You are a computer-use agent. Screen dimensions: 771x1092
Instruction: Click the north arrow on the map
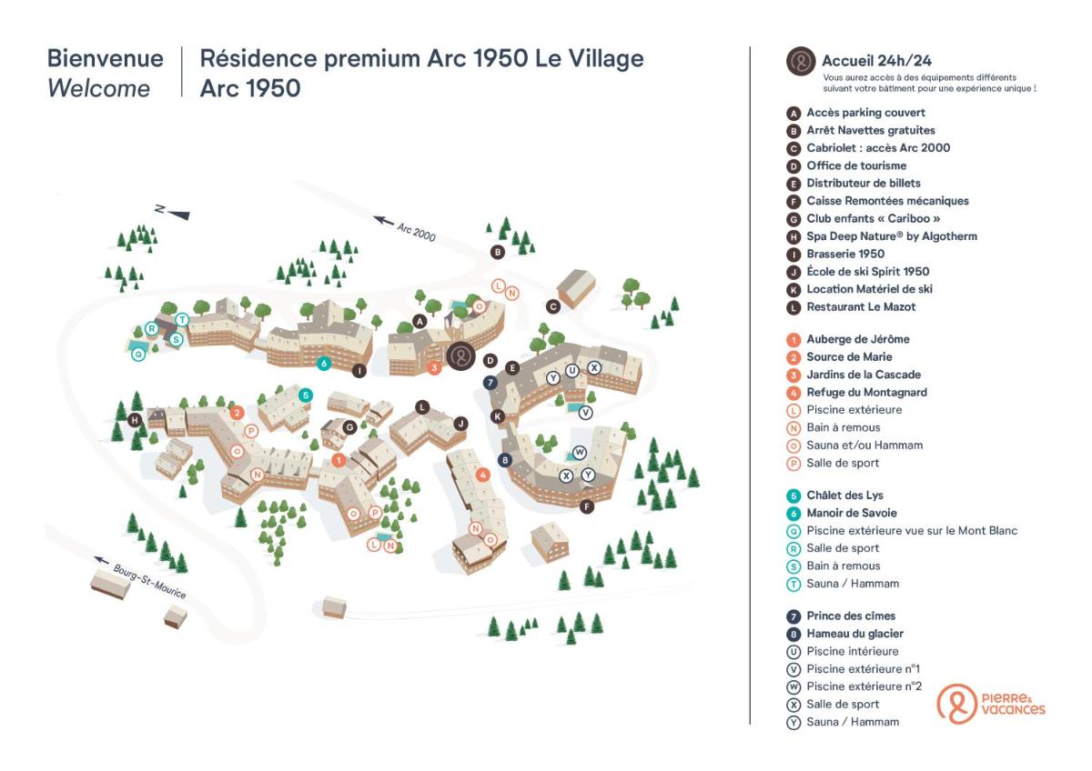[x=173, y=212]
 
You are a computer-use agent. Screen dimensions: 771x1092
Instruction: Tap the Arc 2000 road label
[x=406, y=228]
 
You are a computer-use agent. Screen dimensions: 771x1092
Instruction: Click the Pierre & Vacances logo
[x=991, y=704]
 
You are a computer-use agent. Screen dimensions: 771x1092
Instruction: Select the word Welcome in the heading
[x=98, y=89]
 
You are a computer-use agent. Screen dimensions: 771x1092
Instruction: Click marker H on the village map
[x=135, y=420]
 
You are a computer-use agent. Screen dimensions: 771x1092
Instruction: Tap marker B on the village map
[x=498, y=252]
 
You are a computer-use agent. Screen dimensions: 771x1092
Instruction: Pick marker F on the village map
[x=587, y=506]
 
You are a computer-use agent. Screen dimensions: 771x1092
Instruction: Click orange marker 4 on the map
[x=483, y=474]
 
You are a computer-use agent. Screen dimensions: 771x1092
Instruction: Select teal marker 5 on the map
[x=306, y=396]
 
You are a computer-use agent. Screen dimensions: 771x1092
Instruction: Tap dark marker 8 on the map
[x=505, y=460]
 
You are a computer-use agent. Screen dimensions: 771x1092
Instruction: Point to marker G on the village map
[x=349, y=426]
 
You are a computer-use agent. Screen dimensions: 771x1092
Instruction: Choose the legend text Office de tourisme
[x=856, y=165]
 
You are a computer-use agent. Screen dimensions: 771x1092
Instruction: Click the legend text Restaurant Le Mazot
[x=861, y=307]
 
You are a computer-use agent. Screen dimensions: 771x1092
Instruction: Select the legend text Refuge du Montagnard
[x=866, y=393]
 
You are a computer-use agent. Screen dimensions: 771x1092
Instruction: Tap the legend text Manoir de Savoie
[x=852, y=513]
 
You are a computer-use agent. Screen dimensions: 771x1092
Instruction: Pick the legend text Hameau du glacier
[x=854, y=634]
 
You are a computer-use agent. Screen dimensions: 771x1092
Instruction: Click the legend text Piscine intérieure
[x=853, y=651]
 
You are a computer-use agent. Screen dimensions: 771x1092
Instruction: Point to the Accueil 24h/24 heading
[x=876, y=62]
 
